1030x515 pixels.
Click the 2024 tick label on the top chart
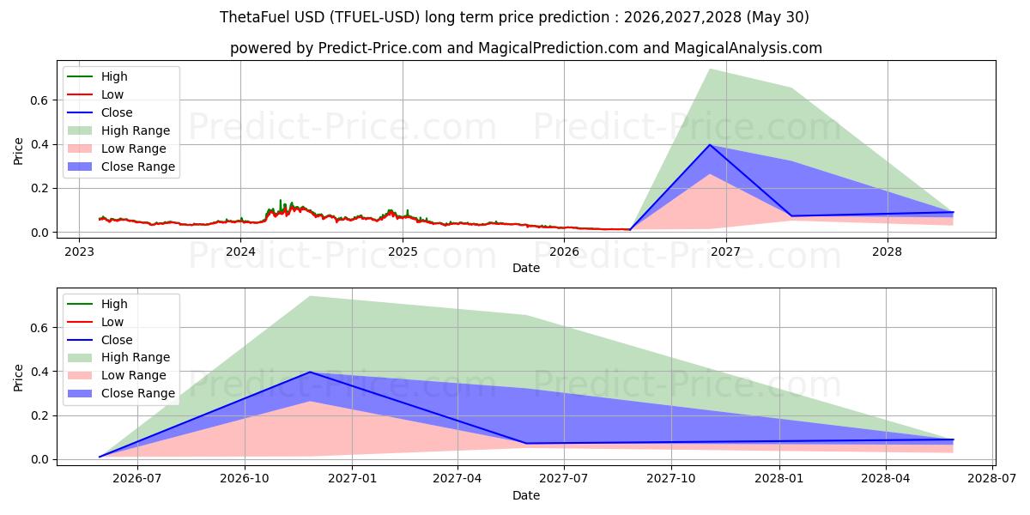tap(240, 252)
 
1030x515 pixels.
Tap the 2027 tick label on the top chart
tap(725, 252)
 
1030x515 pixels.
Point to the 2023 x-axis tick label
tap(79, 252)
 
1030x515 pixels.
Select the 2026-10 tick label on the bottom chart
tap(245, 479)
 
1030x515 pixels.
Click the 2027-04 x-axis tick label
tap(457, 479)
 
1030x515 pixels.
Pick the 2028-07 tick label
tap(992, 479)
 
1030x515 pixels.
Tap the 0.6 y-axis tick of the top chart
tap(39, 100)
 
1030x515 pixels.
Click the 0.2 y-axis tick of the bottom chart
tap(39, 415)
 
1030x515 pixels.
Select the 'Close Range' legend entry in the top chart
tap(121, 167)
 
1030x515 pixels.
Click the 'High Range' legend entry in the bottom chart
tap(118, 357)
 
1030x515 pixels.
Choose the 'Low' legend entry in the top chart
tap(95, 94)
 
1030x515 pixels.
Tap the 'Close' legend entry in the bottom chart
tap(100, 340)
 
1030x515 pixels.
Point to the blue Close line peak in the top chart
tap(710, 145)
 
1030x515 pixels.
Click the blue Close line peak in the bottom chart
tap(311, 372)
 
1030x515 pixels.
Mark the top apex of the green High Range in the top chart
tap(710, 69)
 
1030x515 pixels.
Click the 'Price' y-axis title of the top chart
tap(18, 151)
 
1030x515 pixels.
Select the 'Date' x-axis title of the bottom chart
tap(526, 495)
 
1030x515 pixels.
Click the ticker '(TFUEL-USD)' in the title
tap(374, 17)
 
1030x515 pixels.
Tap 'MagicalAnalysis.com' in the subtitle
tap(748, 48)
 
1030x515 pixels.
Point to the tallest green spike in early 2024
tap(281, 203)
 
